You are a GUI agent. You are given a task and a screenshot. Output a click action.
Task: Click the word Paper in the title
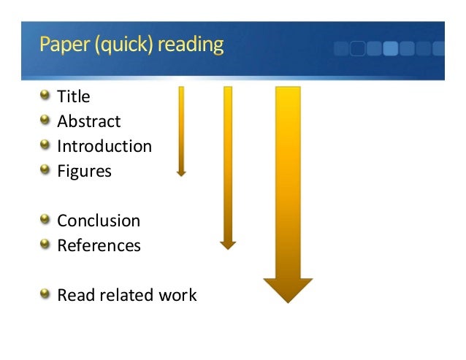64,46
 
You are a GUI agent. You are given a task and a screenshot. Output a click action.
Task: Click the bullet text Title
74,96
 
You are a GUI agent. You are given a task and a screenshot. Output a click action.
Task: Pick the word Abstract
89,121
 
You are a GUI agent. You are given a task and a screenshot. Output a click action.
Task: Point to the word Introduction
104,146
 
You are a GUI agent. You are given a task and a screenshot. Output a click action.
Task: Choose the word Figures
85,172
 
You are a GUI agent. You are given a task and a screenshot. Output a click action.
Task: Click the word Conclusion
99,221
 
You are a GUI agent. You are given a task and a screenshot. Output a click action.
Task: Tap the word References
99,245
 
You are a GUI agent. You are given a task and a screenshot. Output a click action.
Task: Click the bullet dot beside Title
45,95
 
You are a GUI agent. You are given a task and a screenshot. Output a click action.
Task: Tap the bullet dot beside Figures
45,170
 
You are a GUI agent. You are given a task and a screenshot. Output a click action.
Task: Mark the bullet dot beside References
45,244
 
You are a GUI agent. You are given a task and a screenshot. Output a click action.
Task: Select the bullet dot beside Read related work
45,294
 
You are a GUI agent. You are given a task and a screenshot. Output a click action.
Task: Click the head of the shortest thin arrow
181,173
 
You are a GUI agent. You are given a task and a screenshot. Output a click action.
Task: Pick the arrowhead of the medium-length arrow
228,245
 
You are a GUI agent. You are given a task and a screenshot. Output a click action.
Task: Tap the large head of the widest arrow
288,290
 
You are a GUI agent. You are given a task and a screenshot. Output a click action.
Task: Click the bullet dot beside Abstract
45,120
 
